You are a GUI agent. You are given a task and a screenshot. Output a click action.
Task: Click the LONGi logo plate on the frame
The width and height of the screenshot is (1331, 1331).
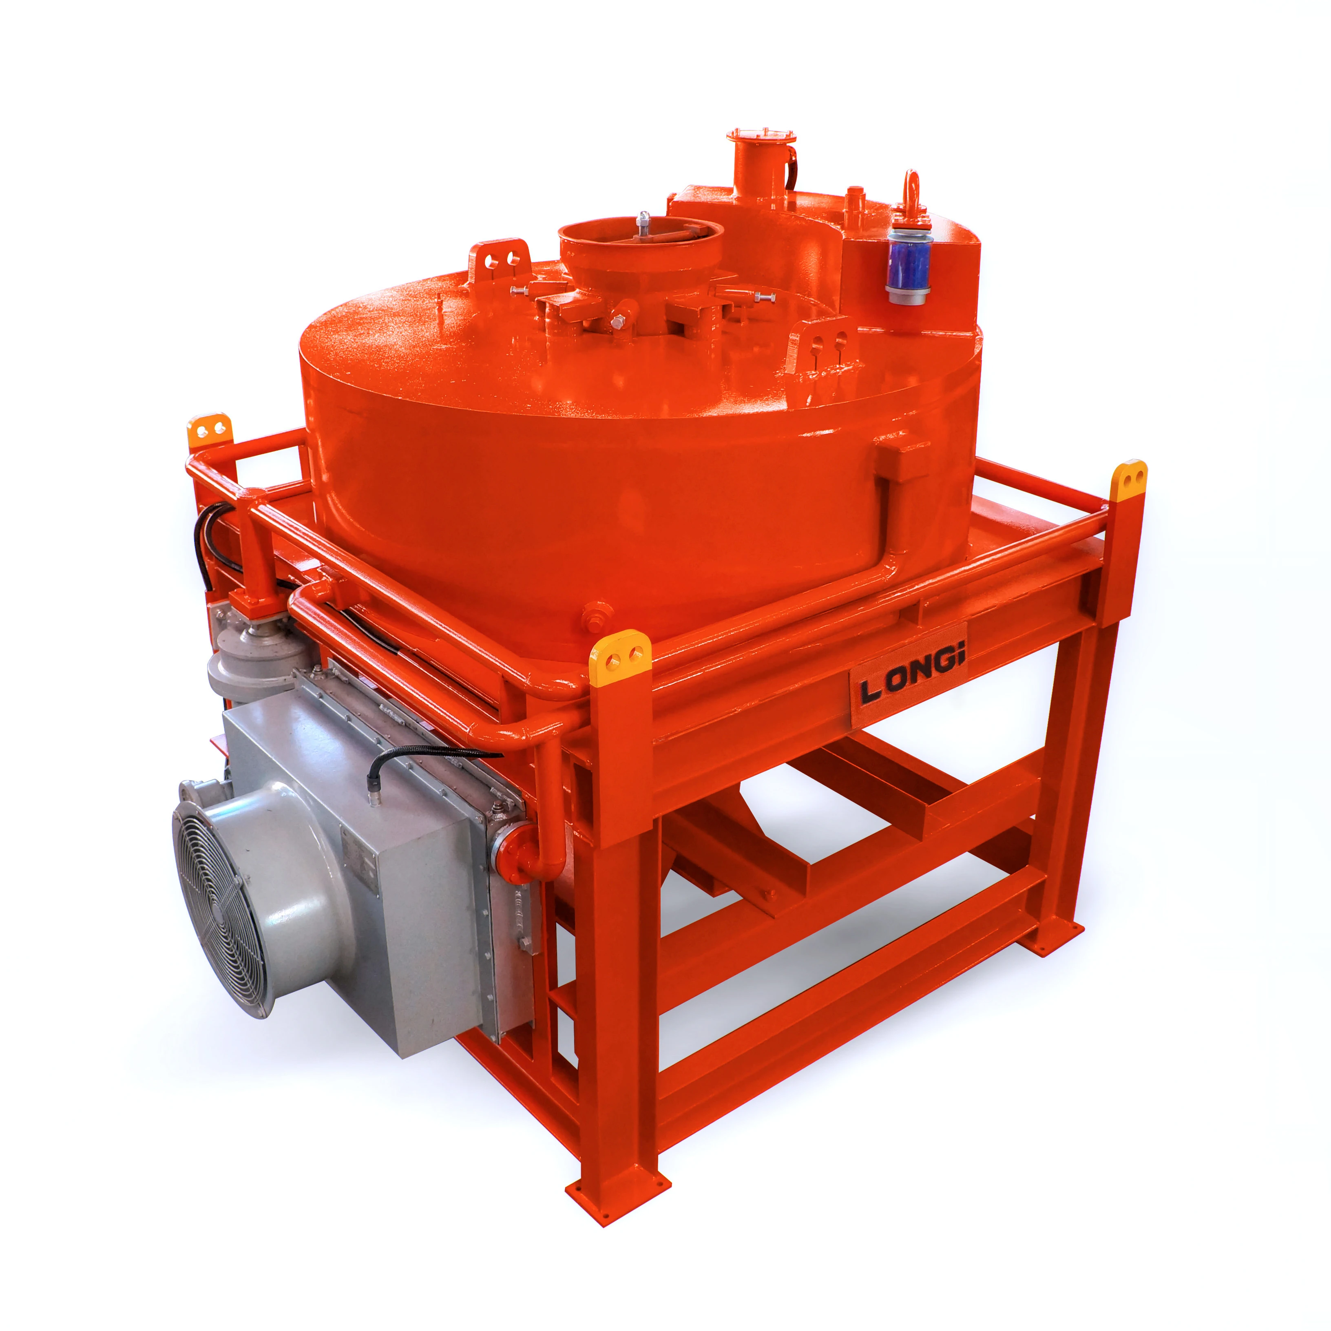click(x=909, y=676)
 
